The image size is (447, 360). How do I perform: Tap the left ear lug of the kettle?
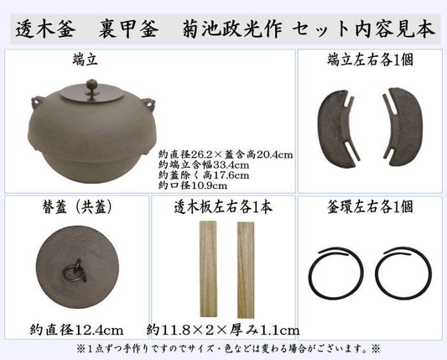(37, 102)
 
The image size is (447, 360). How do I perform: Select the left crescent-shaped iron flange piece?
(336, 129)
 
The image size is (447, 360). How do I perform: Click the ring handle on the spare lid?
(75, 271)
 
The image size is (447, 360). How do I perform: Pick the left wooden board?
(208, 269)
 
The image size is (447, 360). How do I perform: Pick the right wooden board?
(246, 270)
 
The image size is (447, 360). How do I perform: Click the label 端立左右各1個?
(370, 60)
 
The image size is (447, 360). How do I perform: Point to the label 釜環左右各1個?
(370, 206)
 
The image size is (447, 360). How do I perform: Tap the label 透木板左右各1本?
(223, 206)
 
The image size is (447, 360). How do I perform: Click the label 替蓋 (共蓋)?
(76, 207)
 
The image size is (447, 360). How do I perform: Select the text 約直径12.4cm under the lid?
(76, 330)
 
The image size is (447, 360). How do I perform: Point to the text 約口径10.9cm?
(193, 185)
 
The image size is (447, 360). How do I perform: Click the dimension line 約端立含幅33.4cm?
(204, 165)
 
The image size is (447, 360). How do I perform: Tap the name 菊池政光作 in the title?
(232, 29)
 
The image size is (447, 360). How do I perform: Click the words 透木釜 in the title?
(45, 29)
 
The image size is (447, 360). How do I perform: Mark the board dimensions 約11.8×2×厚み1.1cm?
(223, 331)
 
